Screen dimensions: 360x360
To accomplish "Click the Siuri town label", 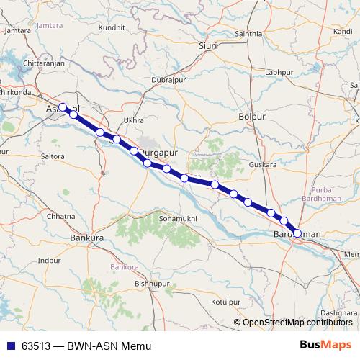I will pos(207,45).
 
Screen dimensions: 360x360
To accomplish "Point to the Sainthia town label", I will pos(248,34).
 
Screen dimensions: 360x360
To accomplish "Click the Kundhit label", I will pos(112,27).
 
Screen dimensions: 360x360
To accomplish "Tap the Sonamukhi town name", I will pos(177,217).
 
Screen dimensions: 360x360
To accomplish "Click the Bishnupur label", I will pos(150,284).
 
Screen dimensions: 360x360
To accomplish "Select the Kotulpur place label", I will pos(225,302).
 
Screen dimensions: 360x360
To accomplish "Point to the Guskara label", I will pos(262,165).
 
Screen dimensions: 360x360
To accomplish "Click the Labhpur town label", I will pos(279,73).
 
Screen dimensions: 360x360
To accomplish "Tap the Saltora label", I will pos(53,156).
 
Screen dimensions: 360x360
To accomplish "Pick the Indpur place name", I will pos(50,260).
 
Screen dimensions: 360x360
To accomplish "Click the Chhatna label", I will pos(60,216).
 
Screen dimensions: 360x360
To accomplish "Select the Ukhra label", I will pos(133,120).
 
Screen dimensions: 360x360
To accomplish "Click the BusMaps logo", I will pos(325,345).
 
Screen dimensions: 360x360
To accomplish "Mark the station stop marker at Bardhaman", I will pos(297,233).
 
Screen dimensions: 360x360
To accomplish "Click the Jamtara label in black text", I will pos(18,31).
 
